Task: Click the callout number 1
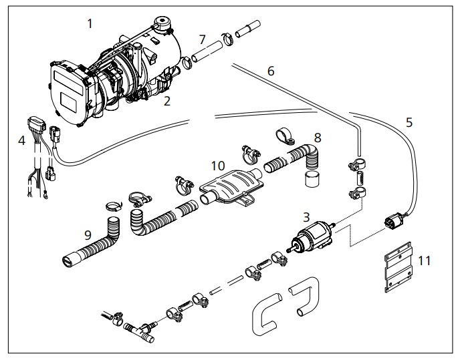click(90, 24)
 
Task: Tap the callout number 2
click(167, 102)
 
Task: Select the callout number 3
click(306, 216)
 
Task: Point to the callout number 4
click(22, 141)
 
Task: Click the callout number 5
click(409, 122)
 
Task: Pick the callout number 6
click(270, 70)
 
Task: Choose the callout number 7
click(201, 40)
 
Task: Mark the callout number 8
click(318, 138)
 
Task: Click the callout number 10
click(217, 164)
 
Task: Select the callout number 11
click(423, 260)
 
